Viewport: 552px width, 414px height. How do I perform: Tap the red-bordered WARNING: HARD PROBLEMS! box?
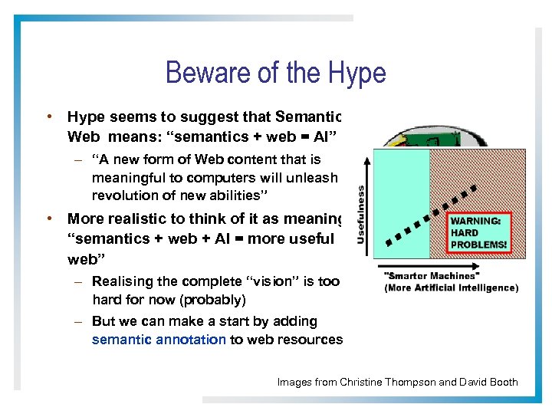click(x=478, y=232)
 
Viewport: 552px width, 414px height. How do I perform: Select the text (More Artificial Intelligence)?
click(x=451, y=288)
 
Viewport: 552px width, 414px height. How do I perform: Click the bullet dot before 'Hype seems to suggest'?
click(x=48, y=117)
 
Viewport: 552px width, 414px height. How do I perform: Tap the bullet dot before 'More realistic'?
click(x=48, y=219)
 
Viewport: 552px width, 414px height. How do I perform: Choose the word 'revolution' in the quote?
click(x=123, y=195)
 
